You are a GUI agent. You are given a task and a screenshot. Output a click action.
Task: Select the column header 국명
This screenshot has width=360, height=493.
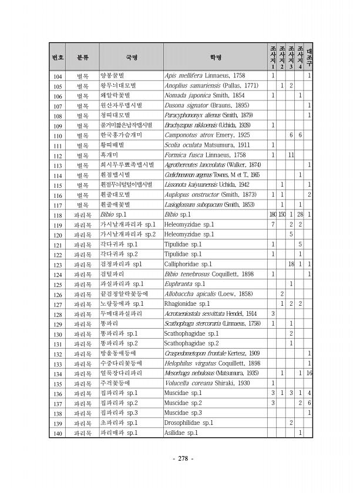(x=130, y=58)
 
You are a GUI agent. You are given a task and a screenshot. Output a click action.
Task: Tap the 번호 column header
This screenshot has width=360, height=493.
(x=58, y=58)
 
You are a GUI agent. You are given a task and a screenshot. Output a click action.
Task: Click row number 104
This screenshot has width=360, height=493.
(x=58, y=76)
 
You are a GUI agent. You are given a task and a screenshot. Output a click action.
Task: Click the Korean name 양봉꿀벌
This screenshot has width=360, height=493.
(x=113, y=76)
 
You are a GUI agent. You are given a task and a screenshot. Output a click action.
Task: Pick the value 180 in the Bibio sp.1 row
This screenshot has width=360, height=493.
(x=272, y=214)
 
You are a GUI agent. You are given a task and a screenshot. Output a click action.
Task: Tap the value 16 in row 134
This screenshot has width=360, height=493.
(x=309, y=373)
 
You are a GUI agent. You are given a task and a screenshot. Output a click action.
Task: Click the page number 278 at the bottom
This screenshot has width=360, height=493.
(x=180, y=458)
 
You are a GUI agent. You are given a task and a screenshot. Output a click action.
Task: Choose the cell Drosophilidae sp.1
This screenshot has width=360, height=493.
(x=189, y=423)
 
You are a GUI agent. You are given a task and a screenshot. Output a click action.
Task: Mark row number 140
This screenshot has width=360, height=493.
(x=58, y=433)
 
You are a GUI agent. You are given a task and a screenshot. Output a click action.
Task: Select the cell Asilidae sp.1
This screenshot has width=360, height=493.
(x=180, y=433)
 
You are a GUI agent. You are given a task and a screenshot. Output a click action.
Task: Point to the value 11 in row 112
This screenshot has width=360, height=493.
(x=291, y=155)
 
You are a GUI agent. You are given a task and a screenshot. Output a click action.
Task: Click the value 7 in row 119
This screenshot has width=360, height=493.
(x=272, y=224)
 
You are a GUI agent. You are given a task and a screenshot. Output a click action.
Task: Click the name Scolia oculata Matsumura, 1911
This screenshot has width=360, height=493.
(x=199, y=145)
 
